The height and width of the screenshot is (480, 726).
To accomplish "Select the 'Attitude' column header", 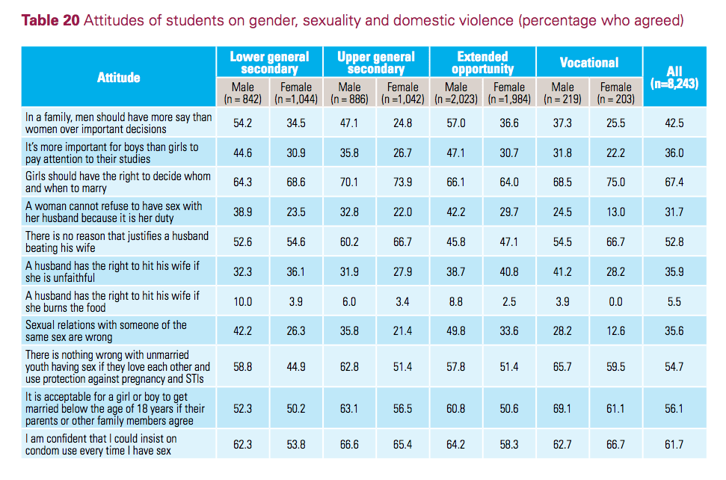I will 118,77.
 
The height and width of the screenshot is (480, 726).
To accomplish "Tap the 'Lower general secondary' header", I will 269,62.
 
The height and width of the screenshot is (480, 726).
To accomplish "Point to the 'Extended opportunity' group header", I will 482,62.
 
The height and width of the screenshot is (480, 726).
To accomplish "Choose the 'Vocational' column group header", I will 588,62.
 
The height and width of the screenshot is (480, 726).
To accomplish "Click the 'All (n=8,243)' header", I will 674,78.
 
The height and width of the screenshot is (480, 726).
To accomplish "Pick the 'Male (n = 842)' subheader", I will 242,93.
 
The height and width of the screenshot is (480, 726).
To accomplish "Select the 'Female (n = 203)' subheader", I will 615,93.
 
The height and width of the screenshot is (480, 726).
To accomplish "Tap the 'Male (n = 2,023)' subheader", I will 455,93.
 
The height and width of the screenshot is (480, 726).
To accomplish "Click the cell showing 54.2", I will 242,123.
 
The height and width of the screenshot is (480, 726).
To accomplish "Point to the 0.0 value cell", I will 615,301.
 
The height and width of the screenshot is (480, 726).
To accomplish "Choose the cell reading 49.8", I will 455,331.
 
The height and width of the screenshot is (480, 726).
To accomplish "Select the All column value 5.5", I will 674,301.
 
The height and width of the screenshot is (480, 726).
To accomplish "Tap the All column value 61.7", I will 674,443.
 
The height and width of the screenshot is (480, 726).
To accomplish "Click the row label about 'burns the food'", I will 112,301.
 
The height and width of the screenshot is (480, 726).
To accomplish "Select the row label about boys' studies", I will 111,153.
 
